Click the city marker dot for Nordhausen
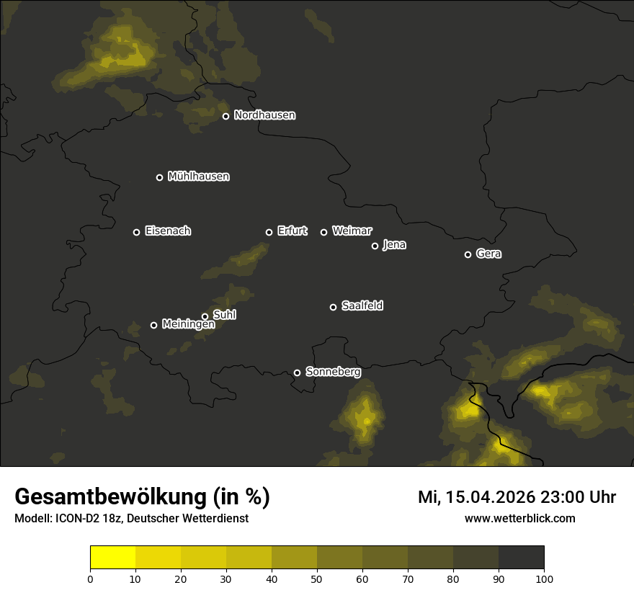(226, 116)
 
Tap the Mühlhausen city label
(198, 177)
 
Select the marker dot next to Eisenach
(136, 232)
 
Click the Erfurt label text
(292, 231)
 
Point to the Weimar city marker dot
(323, 232)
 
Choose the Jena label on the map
(394, 245)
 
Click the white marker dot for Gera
(468, 254)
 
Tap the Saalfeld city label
(362, 306)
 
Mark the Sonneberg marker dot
(297, 372)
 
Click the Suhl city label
(225, 315)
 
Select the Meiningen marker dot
(153, 325)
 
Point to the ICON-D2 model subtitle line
(131, 519)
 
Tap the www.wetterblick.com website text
(519, 518)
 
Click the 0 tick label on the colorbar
(90, 579)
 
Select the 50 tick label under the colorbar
(317, 579)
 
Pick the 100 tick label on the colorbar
(544, 579)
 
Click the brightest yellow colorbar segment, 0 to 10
(113, 558)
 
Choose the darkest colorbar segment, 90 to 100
(521, 558)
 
